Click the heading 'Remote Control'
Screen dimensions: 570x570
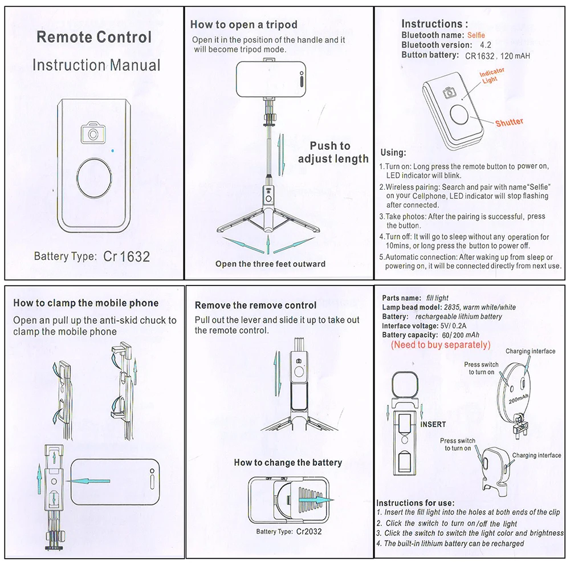[x=94, y=37]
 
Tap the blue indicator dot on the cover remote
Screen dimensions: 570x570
[x=113, y=150]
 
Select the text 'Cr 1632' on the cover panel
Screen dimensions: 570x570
[x=127, y=256]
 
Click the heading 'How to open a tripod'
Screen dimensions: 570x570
[x=244, y=25]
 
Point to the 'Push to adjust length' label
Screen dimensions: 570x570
[x=333, y=152]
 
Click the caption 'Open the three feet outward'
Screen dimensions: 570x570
[x=270, y=264]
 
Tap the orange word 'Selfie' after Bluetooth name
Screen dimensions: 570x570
[x=476, y=35]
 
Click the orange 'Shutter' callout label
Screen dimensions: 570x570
[x=509, y=122]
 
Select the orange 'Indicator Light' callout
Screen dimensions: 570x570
[x=491, y=76]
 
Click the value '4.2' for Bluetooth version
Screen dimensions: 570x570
[x=485, y=45]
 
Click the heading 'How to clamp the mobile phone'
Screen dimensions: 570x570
[x=86, y=303]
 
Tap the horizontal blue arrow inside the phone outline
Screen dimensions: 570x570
[x=88, y=481]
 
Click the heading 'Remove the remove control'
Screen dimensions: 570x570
[x=255, y=306]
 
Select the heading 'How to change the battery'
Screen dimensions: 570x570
[x=288, y=462]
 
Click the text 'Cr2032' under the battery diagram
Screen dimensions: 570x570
[x=309, y=531]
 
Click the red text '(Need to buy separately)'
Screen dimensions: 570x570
[x=441, y=345]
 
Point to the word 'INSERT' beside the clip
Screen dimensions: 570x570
[x=433, y=424]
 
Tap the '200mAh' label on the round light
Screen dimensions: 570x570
[x=519, y=398]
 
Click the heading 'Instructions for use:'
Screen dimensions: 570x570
[x=415, y=503]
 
